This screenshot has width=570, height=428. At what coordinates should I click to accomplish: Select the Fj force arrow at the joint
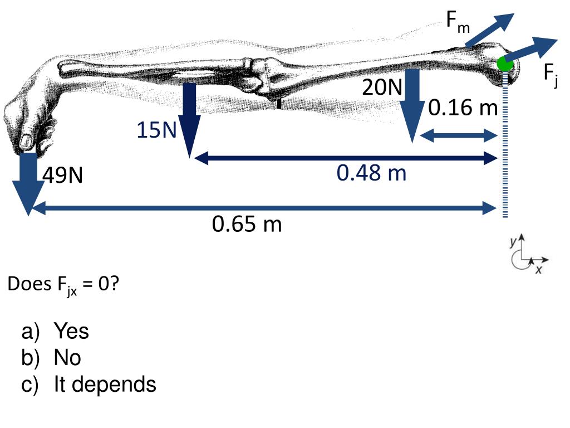coord(532,50)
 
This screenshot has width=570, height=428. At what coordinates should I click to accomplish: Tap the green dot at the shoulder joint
coord(505,64)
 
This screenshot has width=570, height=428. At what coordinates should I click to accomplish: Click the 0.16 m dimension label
coord(463,108)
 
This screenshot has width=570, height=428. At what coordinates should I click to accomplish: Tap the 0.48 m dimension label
coord(371,173)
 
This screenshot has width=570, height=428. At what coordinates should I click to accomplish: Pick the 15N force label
coord(157,130)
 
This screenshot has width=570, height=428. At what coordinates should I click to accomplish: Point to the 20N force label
coord(382,87)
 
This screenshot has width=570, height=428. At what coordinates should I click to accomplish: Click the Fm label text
coord(458,21)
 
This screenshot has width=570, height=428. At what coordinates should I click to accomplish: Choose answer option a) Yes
coord(56,332)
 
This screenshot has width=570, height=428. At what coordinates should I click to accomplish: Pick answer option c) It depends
coord(89,384)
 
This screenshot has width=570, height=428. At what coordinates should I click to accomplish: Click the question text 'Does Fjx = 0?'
coord(63,285)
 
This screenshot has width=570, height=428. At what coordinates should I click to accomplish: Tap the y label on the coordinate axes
coord(513,242)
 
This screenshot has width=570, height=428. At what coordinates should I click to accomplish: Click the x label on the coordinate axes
coord(538,270)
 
